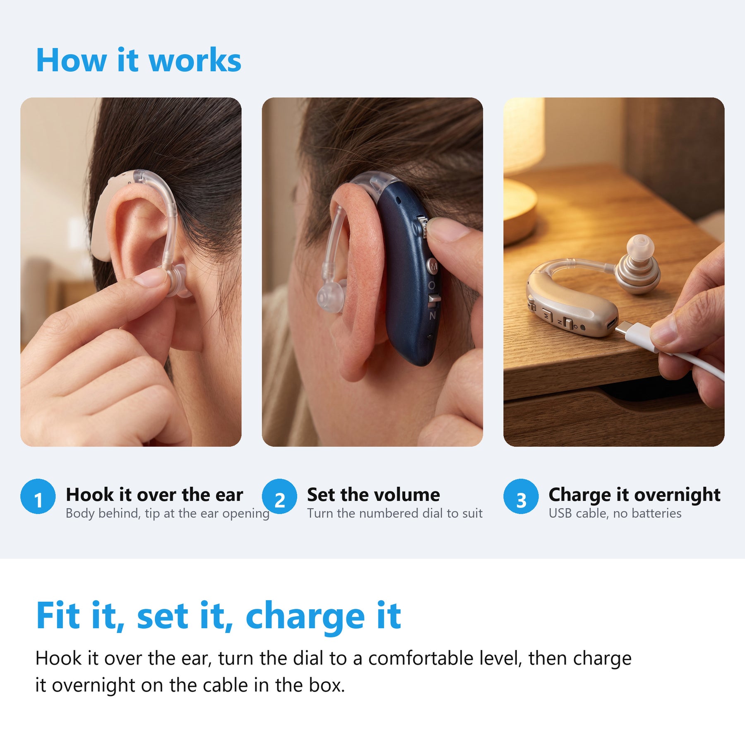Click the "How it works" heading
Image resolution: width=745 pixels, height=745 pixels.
[x=138, y=60]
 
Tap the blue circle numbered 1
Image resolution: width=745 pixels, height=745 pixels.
[x=38, y=496]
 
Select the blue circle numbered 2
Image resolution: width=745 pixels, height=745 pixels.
[x=279, y=496]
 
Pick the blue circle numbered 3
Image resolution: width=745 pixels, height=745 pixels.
[x=521, y=496]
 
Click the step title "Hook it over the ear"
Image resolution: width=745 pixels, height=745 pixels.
[x=154, y=495]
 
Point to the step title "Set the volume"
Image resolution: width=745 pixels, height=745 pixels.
[x=373, y=495]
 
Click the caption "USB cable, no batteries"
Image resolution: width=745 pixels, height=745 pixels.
[x=615, y=513]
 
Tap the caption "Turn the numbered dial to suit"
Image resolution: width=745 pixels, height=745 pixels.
[x=395, y=513]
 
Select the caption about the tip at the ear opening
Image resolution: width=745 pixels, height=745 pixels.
[x=168, y=514]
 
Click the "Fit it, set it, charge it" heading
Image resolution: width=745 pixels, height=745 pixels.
[x=219, y=616]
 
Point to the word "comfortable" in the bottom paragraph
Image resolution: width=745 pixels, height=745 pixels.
[x=421, y=658]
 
